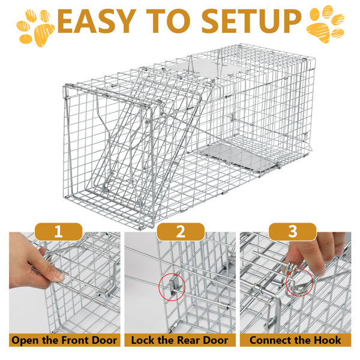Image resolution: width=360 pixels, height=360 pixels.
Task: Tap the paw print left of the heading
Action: point(34,25)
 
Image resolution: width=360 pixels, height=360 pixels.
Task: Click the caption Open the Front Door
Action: point(64,340)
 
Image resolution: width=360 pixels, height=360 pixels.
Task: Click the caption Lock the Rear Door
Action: point(180,340)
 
